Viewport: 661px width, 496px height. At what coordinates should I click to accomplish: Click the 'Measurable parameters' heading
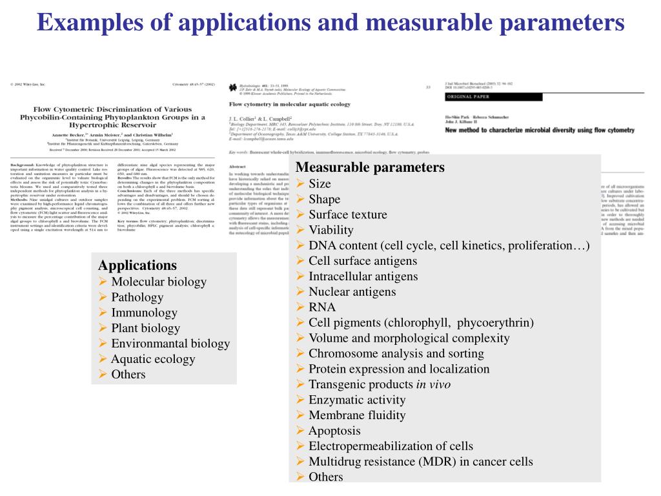coord(370,168)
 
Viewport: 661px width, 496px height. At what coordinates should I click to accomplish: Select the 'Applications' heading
coord(137,265)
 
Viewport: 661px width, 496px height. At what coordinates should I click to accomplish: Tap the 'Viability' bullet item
coord(331,230)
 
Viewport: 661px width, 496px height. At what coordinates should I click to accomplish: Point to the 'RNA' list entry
coord(322,307)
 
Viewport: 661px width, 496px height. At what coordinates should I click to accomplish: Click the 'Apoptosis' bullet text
coord(334,431)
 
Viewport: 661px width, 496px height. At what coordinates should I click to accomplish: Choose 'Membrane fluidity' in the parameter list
coord(357,415)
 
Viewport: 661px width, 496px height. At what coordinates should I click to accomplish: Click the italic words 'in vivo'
coord(433,384)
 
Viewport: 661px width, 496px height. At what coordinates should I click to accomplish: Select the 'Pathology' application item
coord(137,297)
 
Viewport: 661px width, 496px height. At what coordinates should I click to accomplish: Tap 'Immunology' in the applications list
coord(144,313)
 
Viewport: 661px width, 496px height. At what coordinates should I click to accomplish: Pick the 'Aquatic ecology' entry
coord(152,359)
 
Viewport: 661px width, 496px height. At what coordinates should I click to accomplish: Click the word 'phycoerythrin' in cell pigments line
coord(497,322)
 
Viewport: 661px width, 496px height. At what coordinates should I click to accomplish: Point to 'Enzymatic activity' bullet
coord(357,400)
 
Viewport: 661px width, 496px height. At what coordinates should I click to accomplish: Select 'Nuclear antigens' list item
coord(352,292)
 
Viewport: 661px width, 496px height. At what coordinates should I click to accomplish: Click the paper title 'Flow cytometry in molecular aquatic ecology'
coord(290,104)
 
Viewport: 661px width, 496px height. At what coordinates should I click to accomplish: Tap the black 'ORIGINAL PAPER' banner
coord(467,97)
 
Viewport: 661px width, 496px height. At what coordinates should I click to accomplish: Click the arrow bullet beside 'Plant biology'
coord(103,328)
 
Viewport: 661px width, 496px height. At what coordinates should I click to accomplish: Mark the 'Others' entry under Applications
coord(128,375)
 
